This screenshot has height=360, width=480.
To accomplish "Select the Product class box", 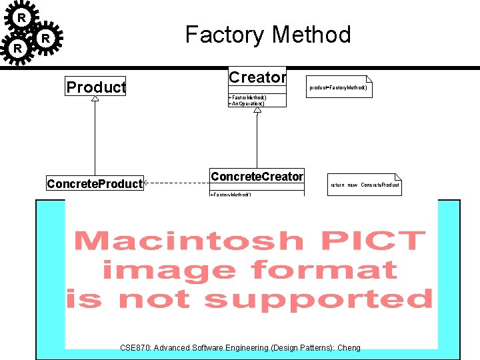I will pos(96,87).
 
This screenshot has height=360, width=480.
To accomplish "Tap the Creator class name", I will pos(257,77).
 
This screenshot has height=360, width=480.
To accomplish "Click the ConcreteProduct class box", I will pos(95,183).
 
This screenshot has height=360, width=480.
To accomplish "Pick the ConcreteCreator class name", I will pos(257,177).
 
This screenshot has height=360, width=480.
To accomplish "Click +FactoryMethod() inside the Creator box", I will pos(247,98).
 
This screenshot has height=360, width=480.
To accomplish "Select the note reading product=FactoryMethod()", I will pos(338,87).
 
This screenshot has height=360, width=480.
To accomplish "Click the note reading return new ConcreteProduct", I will pos(365,185).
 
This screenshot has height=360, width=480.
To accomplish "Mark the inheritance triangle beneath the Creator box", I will pos(257,110).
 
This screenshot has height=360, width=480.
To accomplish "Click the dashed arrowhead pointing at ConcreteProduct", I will pos(147,183).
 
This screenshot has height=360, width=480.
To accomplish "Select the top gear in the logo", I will pos(21,17).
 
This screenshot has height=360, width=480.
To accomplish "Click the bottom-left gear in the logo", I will pos(18,49).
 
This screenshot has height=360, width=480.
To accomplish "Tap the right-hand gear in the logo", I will pos(45,39).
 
